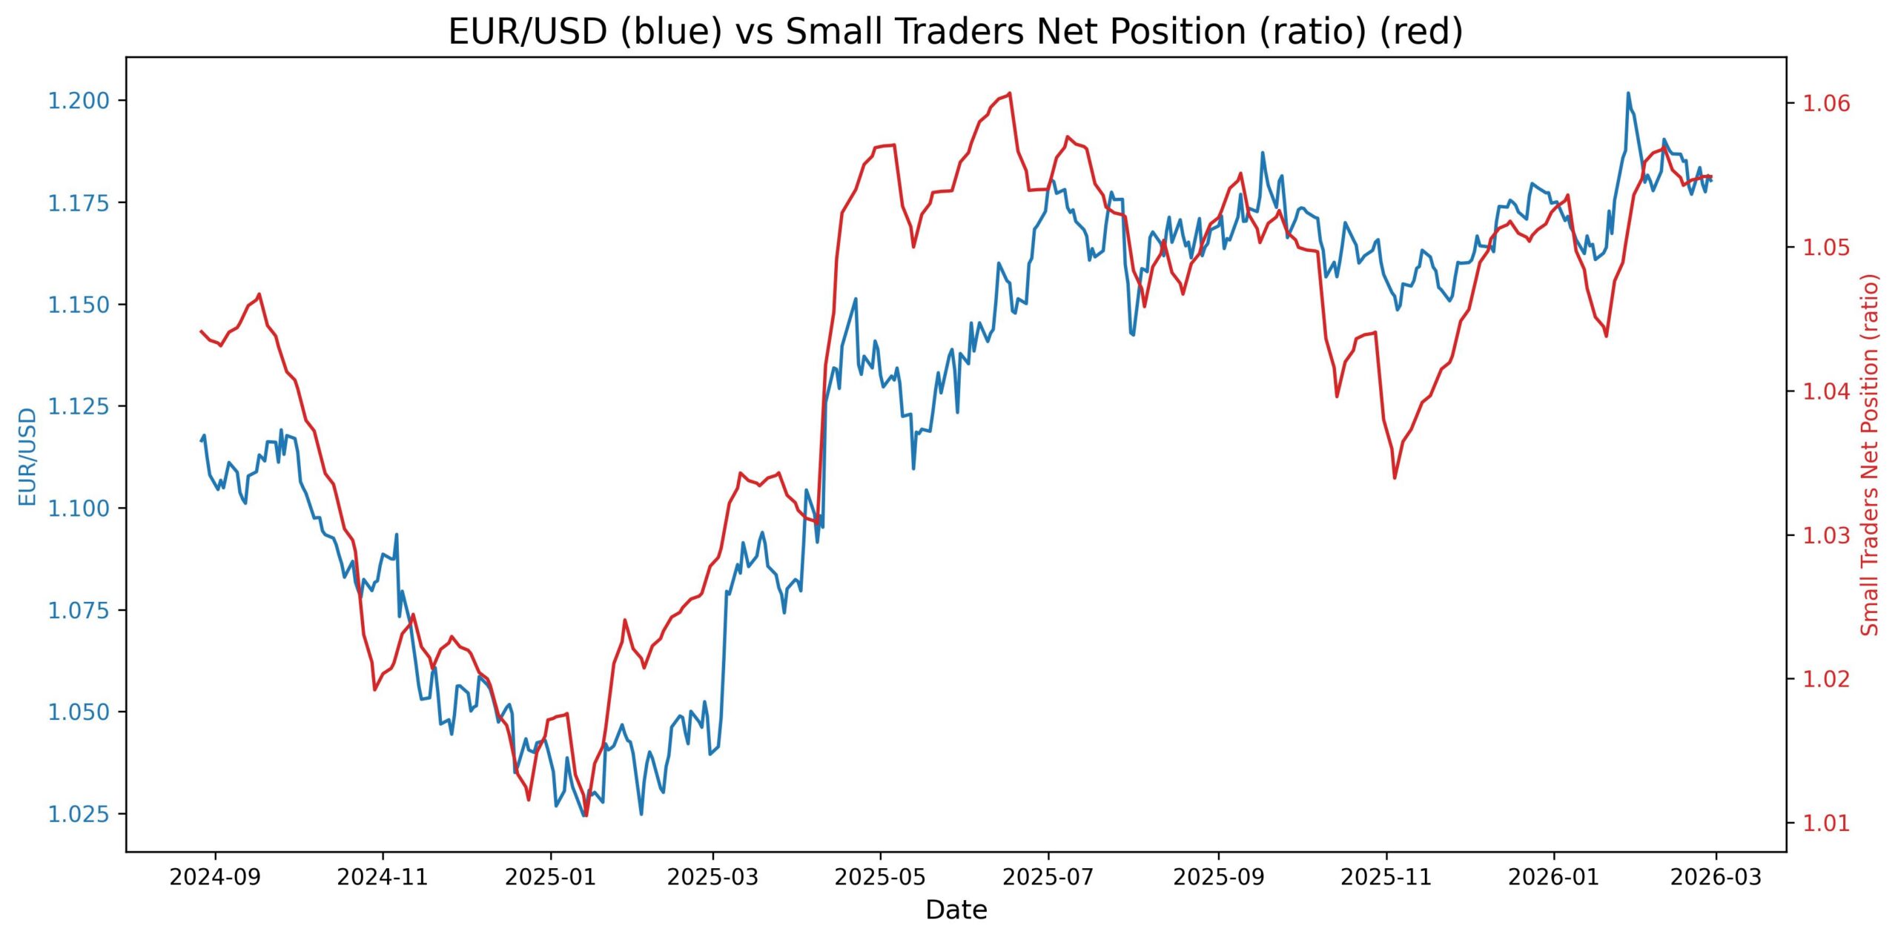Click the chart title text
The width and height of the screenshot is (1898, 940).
956,33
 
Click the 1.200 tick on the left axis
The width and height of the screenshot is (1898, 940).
79,101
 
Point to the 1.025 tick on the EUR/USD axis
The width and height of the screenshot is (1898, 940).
79,815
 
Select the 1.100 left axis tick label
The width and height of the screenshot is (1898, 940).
79,509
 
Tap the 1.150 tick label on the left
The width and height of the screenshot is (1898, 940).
79,305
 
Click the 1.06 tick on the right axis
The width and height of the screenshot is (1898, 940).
1826,102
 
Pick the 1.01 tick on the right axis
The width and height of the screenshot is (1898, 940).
1826,823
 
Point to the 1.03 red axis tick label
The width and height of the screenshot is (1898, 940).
1826,534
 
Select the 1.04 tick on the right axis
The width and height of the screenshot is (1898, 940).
1826,391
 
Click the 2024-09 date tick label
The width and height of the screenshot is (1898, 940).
215,878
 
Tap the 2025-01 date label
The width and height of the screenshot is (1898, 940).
550,878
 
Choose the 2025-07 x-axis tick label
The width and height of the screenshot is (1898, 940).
1048,878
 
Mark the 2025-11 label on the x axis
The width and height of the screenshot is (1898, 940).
1386,878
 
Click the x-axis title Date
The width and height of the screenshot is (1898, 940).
956,910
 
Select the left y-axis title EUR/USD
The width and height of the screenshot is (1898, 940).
27,457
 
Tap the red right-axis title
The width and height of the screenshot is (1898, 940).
1871,454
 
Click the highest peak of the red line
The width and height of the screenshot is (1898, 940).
1011,93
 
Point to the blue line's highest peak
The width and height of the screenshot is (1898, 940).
1628,93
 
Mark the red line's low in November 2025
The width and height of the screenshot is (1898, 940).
1395,477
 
